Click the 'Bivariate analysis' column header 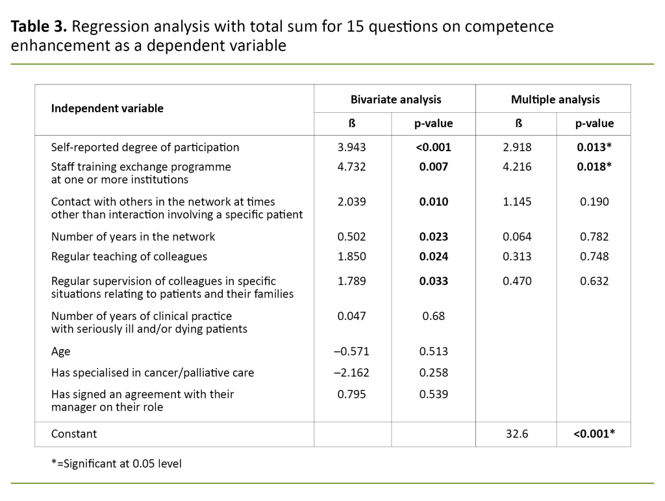(x=395, y=99)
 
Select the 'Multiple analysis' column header (x=555, y=99)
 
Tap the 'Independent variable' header (x=107, y=108)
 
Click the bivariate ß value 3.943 (x=353, y=147)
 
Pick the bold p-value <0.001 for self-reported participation (x=433, y=147)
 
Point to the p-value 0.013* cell (x=594, y=147)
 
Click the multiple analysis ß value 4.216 (x=517, y=167)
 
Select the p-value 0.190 (x=594, y=202)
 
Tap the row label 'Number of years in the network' (x=133, y=237)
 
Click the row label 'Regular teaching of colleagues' (x=129, y=256)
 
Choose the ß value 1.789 (x=353, y=281)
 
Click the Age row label (x=61, y=351)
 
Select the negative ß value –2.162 (x=351, y=373)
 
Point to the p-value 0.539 (x=433, y=394)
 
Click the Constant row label (x=74, y=434)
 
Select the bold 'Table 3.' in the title (x=39, y=27)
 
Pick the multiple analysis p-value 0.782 (x=594, y=237)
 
